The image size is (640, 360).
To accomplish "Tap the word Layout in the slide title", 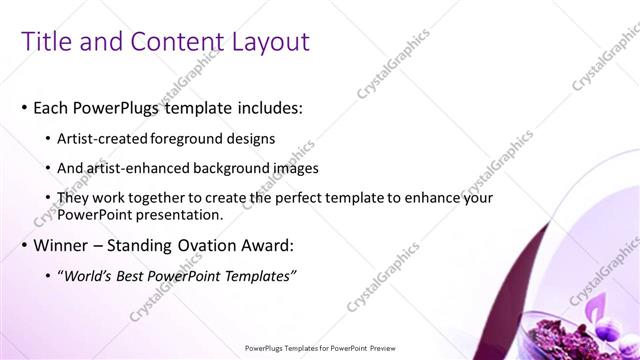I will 268,41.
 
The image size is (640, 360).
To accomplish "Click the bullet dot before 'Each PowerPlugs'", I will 23,107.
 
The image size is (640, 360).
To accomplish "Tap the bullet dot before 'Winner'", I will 23,245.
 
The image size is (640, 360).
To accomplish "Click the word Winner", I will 62,245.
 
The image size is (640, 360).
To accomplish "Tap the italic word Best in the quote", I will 140,275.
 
